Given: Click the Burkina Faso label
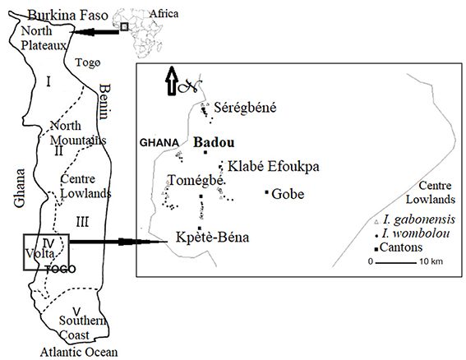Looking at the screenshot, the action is point(68,15).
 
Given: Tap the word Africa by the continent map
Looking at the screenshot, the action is point(164,14).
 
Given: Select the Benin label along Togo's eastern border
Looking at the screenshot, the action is point(104,102).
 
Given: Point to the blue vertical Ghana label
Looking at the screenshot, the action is point(20,188).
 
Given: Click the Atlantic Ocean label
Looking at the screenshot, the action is point(79,353).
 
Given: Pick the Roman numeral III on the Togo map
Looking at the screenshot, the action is point(82,222).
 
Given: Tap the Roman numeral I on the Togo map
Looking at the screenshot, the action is point(48,81).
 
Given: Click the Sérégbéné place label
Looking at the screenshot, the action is point(245,108).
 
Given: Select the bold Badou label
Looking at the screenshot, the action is point(214,142).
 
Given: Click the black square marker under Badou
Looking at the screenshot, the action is point(205,153).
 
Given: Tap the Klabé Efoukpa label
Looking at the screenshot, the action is point(274,166).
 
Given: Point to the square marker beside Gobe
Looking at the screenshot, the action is point(266,192).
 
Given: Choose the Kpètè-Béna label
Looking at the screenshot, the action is point(213,237).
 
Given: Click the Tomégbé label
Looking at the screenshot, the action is point(196,180).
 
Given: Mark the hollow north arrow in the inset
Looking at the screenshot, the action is point(172,81).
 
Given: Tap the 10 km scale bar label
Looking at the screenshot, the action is point(431,261).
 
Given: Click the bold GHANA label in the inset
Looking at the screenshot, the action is point(159,143).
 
